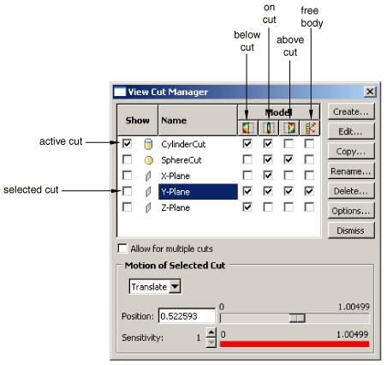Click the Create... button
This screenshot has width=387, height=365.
coord(351,111)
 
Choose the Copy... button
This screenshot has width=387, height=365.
coord(351,152)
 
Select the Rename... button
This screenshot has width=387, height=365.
coord(351,171)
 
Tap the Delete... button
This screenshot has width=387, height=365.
coord(351,191)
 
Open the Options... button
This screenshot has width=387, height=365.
coord(351,211)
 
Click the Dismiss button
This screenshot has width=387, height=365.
coord(351,230)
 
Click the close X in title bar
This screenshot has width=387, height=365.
coord(370,92)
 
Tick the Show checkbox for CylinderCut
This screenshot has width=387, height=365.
coord(127,143)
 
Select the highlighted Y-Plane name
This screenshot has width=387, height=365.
coord(198,192)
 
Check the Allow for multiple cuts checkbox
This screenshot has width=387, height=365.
coord(122,248)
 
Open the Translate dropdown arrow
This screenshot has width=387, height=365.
coord(175,286)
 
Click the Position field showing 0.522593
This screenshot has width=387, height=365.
coord(187,316)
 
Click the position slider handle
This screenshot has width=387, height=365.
coord(297,318)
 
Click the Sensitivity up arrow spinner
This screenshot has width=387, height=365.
coord(211,332)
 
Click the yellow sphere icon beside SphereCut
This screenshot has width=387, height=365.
coord(149,160)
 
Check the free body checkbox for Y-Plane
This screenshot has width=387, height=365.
coord(309,191)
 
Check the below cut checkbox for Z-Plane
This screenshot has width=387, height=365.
coord(247,207)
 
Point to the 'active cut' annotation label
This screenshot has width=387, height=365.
coord(61,141)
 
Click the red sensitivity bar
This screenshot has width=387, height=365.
coord(295,344)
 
